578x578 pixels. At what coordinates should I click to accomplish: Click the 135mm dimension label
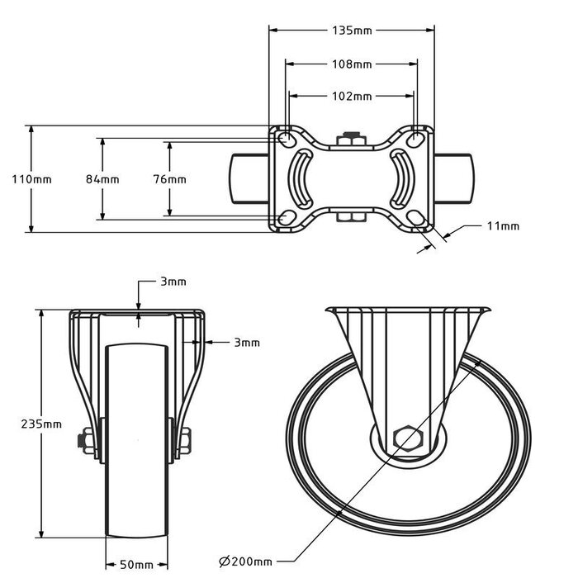(351, 31)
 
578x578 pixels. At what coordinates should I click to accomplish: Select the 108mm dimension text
(351, 64)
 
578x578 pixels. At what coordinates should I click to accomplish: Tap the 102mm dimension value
(351, 97)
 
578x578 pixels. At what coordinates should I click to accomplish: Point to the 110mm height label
(15, 179)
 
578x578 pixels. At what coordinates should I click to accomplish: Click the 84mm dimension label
(103, 179)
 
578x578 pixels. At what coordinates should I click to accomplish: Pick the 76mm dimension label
(169, 179)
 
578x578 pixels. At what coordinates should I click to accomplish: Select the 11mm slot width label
(503, 225)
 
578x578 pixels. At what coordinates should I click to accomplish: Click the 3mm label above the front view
(173, 282)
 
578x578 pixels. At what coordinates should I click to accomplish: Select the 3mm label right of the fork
(246, 342)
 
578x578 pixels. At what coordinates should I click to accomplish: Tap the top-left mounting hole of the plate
(283, 137)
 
